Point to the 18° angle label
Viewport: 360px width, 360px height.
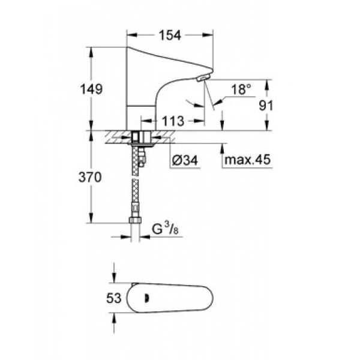tap(241, 89)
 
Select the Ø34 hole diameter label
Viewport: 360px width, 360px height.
tap(183, 161)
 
